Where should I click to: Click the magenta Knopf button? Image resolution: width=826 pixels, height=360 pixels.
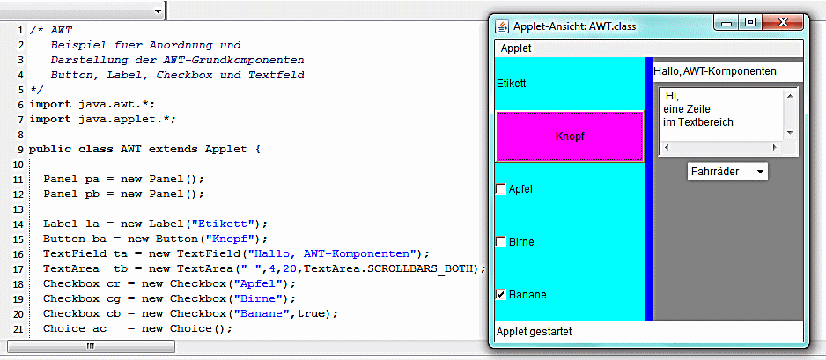(569, 136)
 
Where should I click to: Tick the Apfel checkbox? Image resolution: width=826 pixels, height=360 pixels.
(501, 189)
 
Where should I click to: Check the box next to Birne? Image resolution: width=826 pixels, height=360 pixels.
(501, 242)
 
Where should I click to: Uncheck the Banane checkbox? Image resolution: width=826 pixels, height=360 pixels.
(501, 295)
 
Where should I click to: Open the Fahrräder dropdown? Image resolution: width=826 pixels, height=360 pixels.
(727, 172)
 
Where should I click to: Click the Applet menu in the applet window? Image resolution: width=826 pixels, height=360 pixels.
(516, 49)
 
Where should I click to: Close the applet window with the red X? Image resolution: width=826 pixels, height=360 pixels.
(782, 23)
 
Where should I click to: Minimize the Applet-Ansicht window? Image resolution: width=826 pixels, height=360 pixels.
(727, 23)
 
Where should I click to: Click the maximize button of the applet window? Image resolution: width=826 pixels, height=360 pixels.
(750, 23)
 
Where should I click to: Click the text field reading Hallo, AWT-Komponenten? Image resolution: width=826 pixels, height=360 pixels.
(727, 71)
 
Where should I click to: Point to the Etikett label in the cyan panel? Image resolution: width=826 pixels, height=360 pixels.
(512, 83)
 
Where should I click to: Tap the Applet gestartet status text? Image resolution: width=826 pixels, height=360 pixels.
(535, 332)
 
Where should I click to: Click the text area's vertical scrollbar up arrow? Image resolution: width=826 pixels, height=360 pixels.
(789, 95)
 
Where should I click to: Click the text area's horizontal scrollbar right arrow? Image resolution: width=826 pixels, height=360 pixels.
(774, 148)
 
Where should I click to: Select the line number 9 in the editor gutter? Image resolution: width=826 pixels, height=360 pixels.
(20, 149)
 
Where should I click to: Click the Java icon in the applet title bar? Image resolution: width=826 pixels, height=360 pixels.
(503, 26)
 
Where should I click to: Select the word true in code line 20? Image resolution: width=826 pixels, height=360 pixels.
(310, 313)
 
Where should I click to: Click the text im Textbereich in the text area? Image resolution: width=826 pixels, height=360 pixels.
(698, 122)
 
